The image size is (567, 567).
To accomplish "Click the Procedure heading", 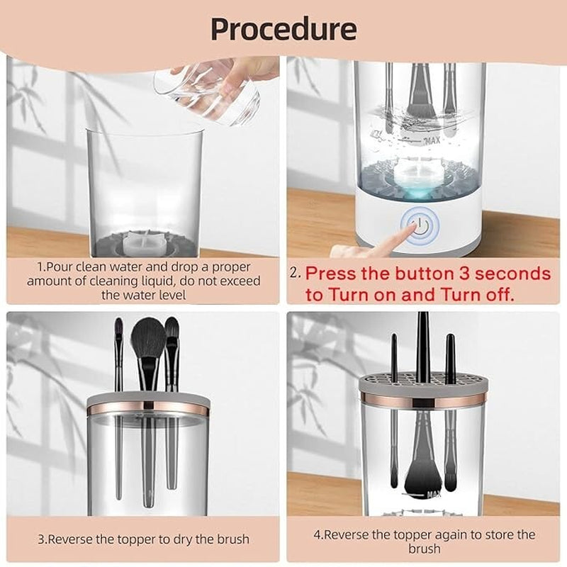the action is (283, 29).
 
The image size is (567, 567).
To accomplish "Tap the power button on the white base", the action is (420, 226).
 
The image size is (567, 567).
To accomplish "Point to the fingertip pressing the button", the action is (412, 226).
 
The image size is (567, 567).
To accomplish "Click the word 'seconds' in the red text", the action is (512, 274).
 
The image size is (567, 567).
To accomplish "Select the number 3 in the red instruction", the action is (464, 274).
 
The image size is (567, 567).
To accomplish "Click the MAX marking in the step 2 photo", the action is (432, 140).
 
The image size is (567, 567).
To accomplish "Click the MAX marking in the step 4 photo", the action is (434, 494).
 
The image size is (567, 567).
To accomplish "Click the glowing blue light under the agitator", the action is (418, 194).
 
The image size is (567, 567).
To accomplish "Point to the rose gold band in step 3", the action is (147, 407).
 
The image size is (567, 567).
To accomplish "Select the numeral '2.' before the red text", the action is (295, 272).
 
